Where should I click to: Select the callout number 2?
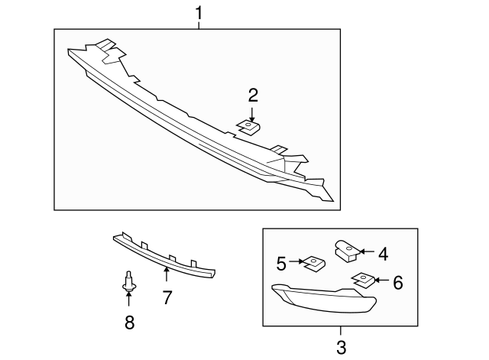click(252, 95)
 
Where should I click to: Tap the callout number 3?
click(340, 347)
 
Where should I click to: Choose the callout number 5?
click(282, 264)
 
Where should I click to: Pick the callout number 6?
click(397, 282)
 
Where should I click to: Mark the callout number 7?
click(167, 297)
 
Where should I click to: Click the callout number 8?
click(129, 323)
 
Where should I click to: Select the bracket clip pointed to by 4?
click(345, 248)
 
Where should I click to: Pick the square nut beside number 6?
click(363, 280)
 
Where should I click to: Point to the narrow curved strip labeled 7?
click(164, 254)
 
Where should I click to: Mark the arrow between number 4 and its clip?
click(366, 251)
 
